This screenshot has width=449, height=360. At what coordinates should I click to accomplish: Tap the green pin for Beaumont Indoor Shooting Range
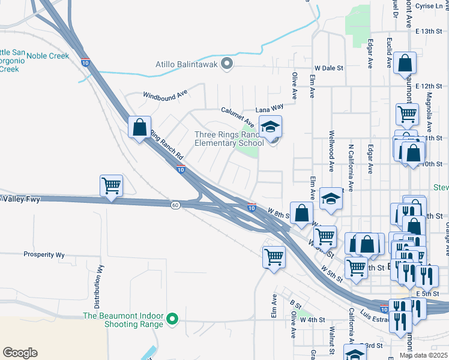point(173,319)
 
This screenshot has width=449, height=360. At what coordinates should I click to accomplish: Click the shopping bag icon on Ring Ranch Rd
point(139,128)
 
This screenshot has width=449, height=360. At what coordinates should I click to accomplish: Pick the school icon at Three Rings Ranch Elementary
point(271,127)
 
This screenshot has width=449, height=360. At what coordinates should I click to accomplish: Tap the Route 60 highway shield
point(175,205)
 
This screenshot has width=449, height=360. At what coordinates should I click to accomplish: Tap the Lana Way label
point(269,108)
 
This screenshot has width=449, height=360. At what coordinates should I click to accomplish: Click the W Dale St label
point(328,68)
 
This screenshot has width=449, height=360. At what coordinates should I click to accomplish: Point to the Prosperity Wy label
point(44,254)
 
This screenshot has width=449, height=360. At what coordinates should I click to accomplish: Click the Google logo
point(20,353)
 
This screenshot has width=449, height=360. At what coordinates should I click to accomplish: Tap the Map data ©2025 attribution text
point(423,355)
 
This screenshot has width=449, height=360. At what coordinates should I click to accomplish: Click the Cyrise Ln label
point(428,6)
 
